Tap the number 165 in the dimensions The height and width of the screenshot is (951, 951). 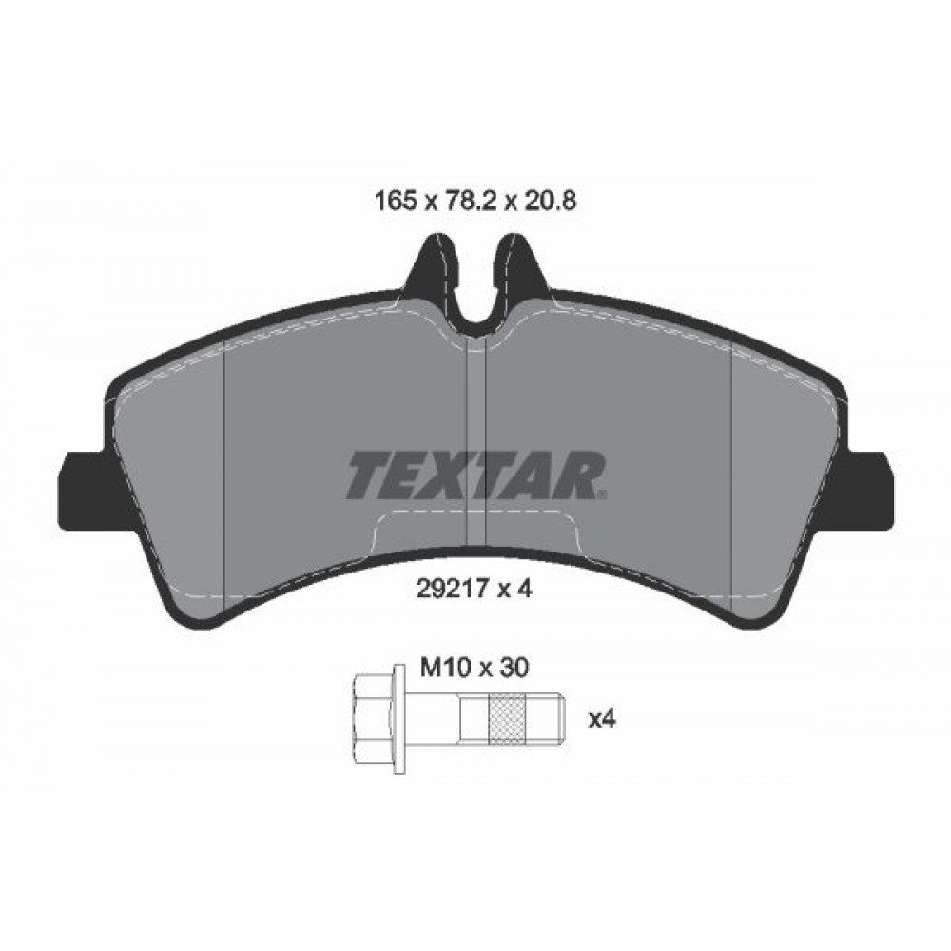tap(396, 201)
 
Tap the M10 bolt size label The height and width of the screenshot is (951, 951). tap(446, 668)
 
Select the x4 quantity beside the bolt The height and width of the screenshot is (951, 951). tap(602, 720)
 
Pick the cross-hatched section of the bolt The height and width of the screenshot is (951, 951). tap(507, 719)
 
